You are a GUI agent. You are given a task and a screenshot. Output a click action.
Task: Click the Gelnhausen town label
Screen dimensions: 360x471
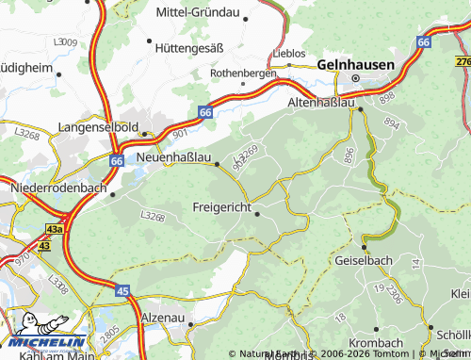click(x=356, y=64)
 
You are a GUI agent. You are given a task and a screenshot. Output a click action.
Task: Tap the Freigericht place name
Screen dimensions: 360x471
click(x=226, y=206)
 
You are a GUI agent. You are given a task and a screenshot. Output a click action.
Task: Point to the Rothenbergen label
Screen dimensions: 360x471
click(x=243, y=73)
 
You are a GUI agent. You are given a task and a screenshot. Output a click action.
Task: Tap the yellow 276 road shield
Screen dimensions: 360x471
click(x=463, y=61)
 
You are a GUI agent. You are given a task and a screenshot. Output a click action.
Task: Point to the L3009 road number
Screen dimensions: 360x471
click(x=65, y=42)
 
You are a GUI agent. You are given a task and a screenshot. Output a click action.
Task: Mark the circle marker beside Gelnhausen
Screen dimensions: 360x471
click(x=356, y=78)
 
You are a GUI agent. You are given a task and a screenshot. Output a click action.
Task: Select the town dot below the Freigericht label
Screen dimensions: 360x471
click(x=256, y=214)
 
